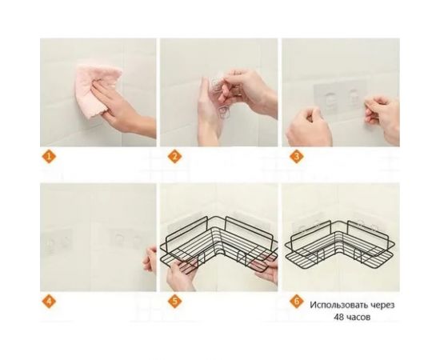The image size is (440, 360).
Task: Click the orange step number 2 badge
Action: pyautogui.click(x=171, y=157)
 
